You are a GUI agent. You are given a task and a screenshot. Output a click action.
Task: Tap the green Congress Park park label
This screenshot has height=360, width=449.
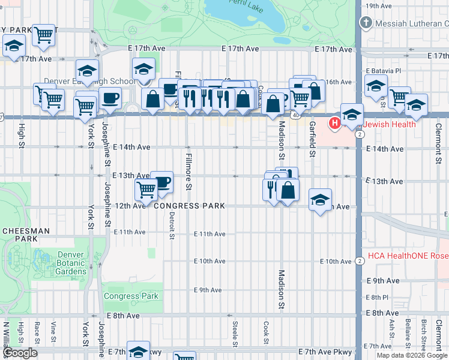coord(131,296)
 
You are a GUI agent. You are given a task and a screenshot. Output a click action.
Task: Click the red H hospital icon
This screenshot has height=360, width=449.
coord(335,124)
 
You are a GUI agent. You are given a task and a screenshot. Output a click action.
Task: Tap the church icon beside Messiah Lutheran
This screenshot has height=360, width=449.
coord(365,23)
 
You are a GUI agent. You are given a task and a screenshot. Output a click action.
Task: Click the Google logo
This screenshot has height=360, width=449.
coord(20,353)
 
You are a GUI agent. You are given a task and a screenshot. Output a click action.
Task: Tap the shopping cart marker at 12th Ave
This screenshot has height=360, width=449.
coord(146,190)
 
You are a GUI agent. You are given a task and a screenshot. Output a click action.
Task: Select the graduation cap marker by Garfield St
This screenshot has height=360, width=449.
coord(321,199)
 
